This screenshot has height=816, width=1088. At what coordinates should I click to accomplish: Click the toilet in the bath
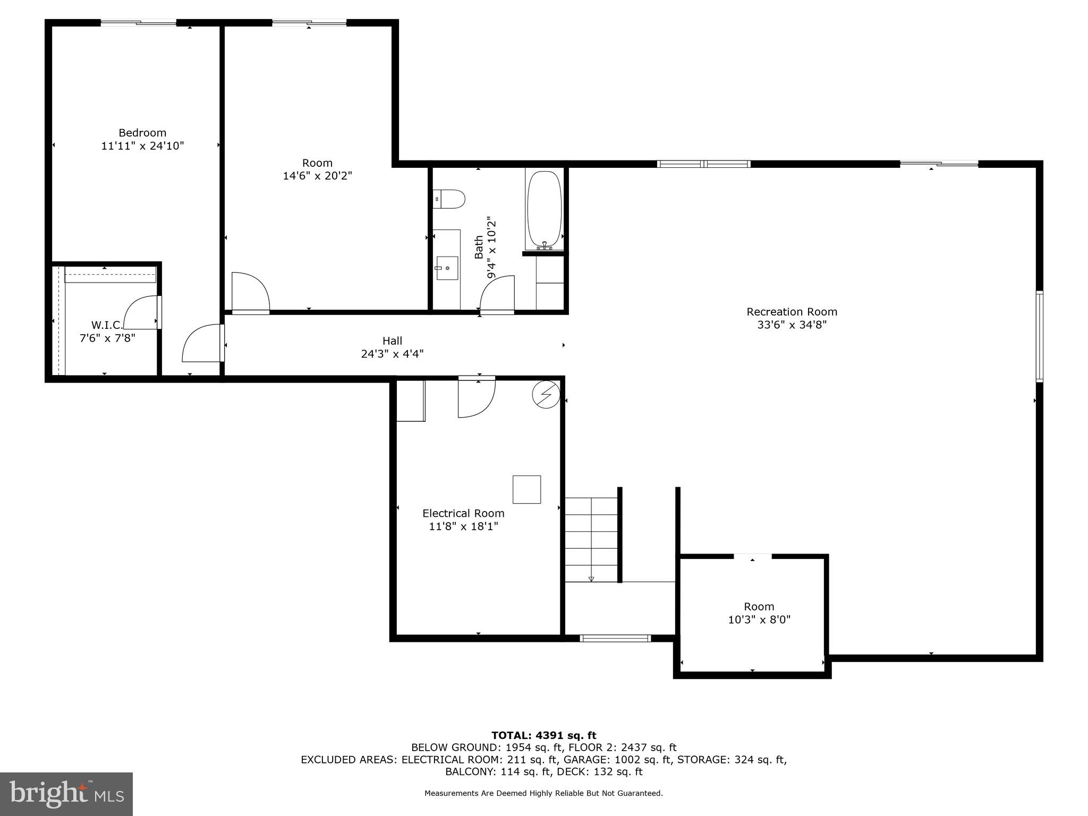coord(450,199)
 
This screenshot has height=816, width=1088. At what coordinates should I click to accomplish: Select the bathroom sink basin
coord(447,267)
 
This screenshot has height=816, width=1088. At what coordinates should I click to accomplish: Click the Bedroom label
coord(142,133)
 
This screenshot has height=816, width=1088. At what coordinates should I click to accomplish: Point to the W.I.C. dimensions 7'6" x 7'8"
coord(107,338)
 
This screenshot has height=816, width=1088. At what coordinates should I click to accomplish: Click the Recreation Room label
coord(792,312)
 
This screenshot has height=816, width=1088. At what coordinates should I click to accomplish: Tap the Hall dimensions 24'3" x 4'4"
coord(392,354)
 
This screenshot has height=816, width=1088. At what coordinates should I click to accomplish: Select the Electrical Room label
coord(463,513)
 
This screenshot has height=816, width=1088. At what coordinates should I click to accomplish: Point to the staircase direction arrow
coord(591,579)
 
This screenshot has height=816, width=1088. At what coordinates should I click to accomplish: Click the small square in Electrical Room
coord(526,489)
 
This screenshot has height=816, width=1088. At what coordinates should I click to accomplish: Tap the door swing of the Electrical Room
coord(477,398)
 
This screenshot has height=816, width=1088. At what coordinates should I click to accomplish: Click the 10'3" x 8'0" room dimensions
coord(759,619)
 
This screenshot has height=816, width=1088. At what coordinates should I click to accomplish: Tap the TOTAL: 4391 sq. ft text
coord(543,735)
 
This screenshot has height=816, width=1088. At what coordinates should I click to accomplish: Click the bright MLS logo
coord(66,794)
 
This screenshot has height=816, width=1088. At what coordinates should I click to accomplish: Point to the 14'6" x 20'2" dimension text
coord(317,176)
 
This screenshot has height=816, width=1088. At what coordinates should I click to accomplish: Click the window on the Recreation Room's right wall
coord(1039,336)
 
